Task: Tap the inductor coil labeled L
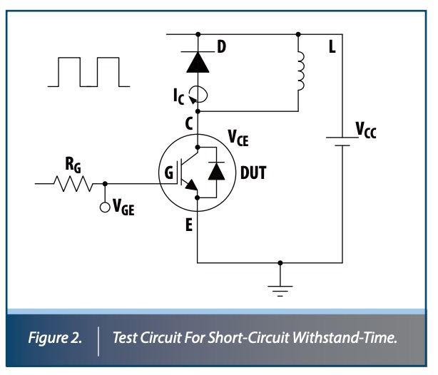point(300,72)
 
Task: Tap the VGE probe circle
point(106,207)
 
